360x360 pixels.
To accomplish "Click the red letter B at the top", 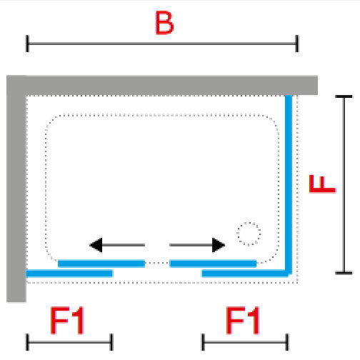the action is [164, 23].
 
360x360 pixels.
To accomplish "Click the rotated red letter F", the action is [322, 184].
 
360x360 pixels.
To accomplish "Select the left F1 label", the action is [67, 321].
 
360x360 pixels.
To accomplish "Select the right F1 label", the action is [242, 321].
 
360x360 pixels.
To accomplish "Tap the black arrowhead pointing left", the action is [96, 245].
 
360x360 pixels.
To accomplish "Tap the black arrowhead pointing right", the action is [219, 245].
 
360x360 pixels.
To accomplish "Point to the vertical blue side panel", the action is [289, 184].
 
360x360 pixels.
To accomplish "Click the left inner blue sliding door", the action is [101, 264].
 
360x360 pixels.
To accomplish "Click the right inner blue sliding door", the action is [213, 264].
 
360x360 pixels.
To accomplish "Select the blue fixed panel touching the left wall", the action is [69, 274].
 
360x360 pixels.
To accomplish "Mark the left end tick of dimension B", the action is [27, 44].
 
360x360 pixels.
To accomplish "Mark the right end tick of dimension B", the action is [297, 44].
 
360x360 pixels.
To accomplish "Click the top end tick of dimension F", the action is [344, 96].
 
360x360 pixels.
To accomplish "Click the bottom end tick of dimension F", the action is [344, 273].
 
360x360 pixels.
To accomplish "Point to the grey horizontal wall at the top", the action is [162, 85].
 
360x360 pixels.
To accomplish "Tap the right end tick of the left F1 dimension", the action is [111, 342].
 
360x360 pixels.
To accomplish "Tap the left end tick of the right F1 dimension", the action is [203, 342].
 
